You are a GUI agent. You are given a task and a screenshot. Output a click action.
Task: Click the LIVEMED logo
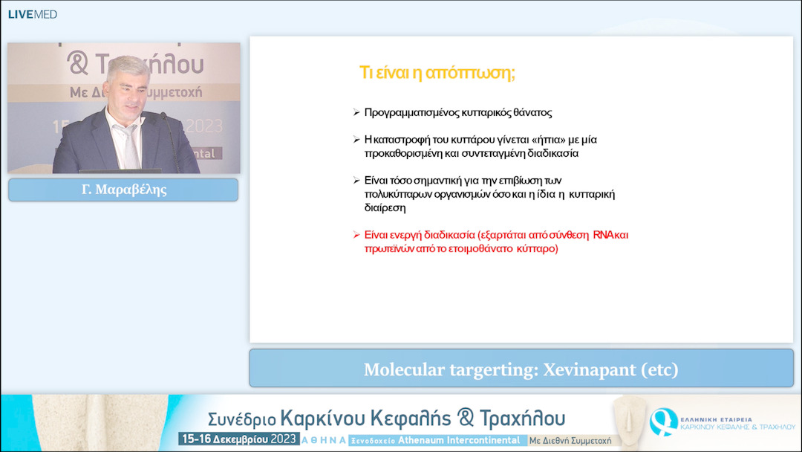coord(32,14)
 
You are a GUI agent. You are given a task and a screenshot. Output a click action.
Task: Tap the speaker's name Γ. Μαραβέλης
coord(123,190)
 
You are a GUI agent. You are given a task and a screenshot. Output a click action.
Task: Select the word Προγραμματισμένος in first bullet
coord(411,113)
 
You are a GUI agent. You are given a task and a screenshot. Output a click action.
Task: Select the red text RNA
coord(602,235)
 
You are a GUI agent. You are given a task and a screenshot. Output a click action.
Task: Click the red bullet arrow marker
coord(356,235)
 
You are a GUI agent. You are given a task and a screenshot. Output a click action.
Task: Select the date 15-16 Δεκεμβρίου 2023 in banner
coord(238,439)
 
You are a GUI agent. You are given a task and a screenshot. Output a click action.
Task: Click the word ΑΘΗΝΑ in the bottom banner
coord(323,440)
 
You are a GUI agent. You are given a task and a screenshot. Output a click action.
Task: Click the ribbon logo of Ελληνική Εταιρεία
coord(662,422)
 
